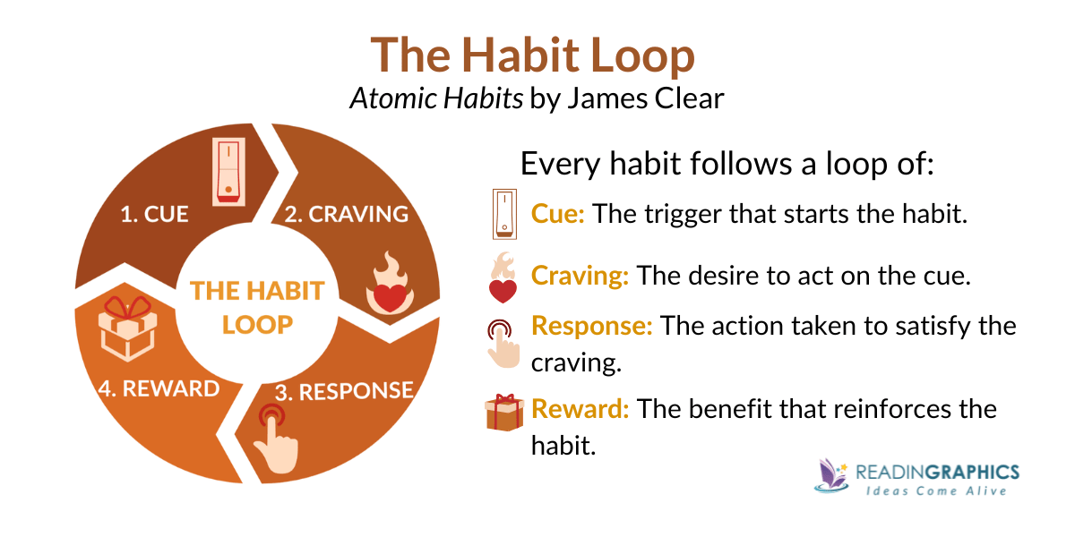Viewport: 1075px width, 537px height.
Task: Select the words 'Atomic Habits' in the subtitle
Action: click(436, 98)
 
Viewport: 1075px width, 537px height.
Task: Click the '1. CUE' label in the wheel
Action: click(154, 215)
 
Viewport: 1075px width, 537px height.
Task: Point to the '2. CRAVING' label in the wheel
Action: click(346, 215)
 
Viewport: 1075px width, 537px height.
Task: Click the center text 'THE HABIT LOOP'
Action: click(257, 307)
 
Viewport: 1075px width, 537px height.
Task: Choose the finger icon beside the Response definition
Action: click(502, 339)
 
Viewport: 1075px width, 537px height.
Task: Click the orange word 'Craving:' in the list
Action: click(580, 276)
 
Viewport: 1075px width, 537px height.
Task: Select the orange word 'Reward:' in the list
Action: click(580, 409)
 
